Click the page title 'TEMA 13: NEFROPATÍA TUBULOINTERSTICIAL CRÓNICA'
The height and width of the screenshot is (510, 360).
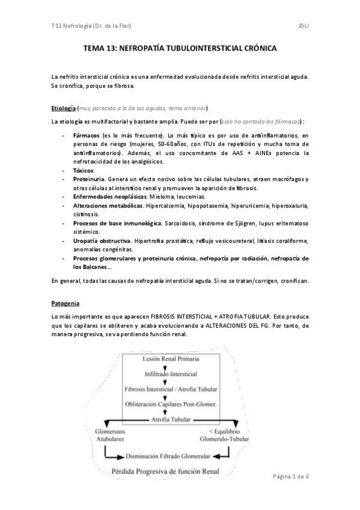tap(180, 52)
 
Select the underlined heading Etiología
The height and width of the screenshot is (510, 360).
tap(64, 108)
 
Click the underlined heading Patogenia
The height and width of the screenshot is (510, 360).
tap(66, 303)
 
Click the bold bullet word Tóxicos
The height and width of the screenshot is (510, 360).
tap(84, 171)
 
